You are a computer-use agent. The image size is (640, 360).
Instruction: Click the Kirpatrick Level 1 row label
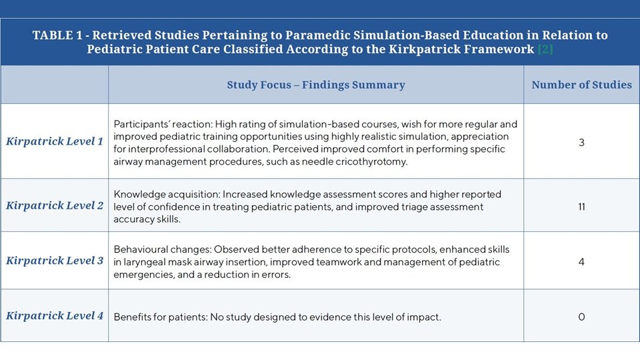pyautogui.click(x=54, y=141)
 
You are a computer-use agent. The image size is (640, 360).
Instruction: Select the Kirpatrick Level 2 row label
pyautogui.click(x=54, y=205)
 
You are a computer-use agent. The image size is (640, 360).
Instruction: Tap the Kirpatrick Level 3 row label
pyautogui.click(x=54, y=261)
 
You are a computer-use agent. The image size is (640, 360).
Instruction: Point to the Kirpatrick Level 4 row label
pyautogui.click(x=54, y=315)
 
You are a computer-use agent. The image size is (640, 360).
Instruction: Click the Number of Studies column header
pyautogui.click(x=581, y=85)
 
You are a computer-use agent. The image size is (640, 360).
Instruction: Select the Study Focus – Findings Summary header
pyautogui.click(x=316, y=85)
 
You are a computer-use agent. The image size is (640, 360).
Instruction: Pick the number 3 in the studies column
pyautogui.click(x=581, y=143)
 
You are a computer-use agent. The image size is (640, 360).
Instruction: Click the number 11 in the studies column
pyautogui.click(x=581, y=207)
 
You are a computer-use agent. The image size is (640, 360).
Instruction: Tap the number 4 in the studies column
pyautogui.click(x=581, y=261)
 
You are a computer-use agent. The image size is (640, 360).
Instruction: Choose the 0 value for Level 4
pyautogui.click(x=581, y=317)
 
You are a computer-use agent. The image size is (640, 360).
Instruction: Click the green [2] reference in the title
pyautogui.click(x=545, y=49)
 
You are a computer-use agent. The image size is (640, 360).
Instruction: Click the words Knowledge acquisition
pyautogui.click(x=167, y=194)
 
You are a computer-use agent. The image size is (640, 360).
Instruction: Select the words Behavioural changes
pyautogui.click(x=163, y=249)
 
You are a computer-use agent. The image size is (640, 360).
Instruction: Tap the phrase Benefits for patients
pyautogui.click(x=160, y=317)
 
